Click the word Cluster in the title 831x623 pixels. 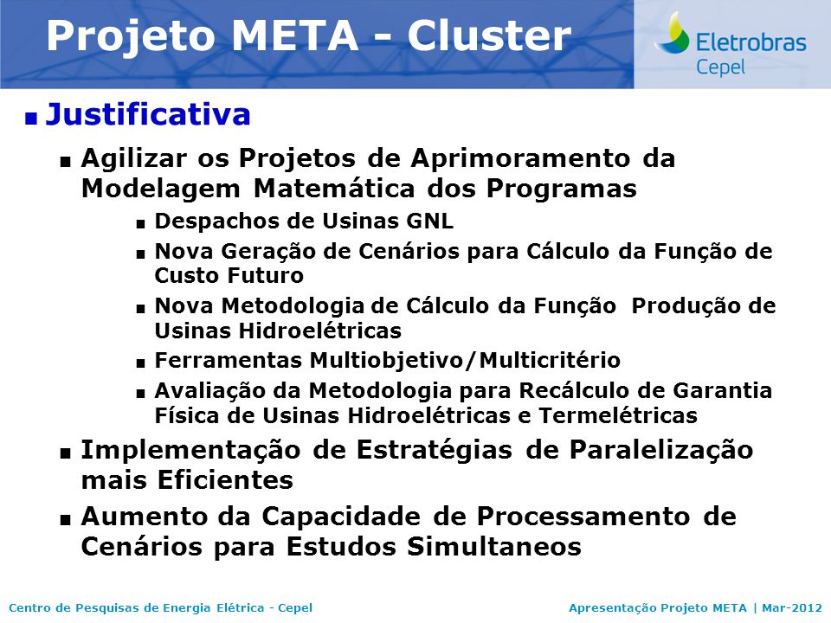pyautogui.click(x=488, y=35)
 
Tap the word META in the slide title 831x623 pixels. pyautogui.click(x=294, y=35)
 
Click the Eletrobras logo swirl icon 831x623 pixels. pyautogui.click(x=672, y=32)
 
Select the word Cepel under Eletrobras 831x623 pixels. pyautogui.click(x=720, y=67)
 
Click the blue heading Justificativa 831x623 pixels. pyautogui.click(x=148, y=114)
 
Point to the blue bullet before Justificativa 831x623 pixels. pyautogui.click(x=31, y=119)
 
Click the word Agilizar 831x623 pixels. pyautogui.click(x=134, y=158)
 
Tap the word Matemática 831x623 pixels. pyautogui.click(x=334, y=189)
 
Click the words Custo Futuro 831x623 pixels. pyautogui.click(x=229, y=275)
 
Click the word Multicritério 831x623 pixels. pyautogui.click(x=550, y=360)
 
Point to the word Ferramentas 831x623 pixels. pyautogui.click(x=229, y=360)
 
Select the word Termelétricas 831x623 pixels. pyautogui.click(x=618, y=415)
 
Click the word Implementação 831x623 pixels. pyautogui.click(x=190, y=451)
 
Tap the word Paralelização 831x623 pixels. pyautogui.click(x=661, y=451)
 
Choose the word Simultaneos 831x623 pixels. pyautogui.click(x=494, y=547)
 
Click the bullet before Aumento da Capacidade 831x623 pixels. pyautogui.click(x=66, y=521)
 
